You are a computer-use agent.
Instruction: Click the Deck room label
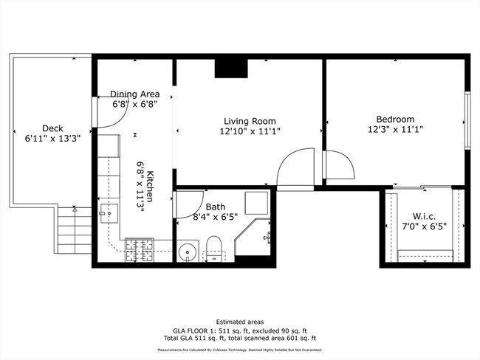click(x=52, y=127)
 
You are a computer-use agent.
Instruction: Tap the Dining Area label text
click(x=135, y=94)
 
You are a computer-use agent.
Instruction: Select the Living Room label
click(x=250, y=121)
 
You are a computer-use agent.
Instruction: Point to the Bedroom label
click(x=395, y=119)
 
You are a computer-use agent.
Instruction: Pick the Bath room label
click(x=216, y=207)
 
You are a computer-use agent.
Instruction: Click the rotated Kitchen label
click(x=149, y=186)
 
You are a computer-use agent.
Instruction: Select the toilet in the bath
click(x=213, y=248)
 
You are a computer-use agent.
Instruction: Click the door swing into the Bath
click(x=188, y=204)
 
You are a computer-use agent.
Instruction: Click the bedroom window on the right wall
click(x=467, y=120)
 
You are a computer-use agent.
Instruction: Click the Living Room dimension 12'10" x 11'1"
click(x=250, y=131)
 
